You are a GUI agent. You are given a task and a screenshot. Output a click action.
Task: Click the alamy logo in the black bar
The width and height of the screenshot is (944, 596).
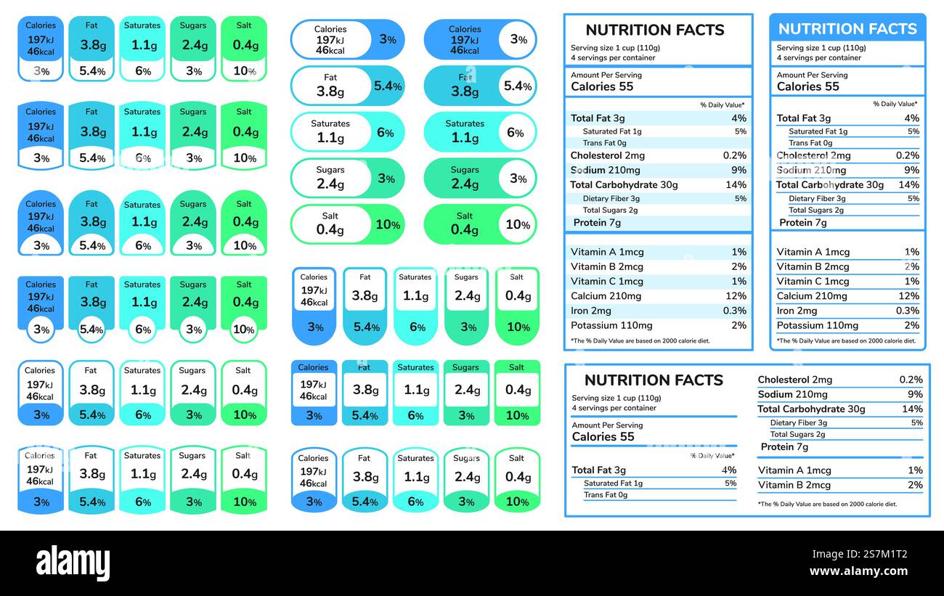coord(73,563)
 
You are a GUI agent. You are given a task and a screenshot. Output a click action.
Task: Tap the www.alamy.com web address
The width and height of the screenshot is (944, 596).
coord(858,571)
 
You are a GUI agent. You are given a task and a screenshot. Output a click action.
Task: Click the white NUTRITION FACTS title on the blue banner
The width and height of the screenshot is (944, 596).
coord(847,29)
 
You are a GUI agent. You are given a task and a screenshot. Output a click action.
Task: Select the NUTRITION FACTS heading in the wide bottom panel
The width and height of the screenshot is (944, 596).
coord(654,380)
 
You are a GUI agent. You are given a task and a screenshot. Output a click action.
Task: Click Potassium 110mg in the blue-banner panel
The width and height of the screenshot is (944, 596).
coord(817,325)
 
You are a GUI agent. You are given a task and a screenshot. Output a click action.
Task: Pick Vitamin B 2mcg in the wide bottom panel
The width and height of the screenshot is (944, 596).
coord(794,485)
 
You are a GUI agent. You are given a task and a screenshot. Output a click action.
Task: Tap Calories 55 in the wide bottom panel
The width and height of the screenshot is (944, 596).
coord(603,436)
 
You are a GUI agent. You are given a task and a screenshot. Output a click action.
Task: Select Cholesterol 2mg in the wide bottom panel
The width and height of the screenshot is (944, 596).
coord(794,380)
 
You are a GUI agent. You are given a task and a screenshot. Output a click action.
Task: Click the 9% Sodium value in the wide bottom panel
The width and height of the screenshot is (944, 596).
coord(915,394)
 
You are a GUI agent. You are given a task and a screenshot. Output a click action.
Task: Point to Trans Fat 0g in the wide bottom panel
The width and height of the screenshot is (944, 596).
coord(605,495)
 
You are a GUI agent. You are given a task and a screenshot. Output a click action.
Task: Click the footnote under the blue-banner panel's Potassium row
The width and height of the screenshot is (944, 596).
coord(846,340)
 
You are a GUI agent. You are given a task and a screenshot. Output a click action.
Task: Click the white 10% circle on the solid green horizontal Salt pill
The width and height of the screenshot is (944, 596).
coord(518,224)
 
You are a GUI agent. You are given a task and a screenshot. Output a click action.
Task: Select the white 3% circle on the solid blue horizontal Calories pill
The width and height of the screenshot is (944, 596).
coord(518,40)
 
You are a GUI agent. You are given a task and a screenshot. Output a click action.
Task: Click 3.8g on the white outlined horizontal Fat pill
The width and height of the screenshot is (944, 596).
coord(330,91)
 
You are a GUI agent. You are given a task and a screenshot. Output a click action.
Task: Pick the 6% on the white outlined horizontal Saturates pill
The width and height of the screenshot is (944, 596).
coord(386,133)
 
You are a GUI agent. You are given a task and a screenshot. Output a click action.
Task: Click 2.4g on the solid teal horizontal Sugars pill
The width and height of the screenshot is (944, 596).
coord(464,184)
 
